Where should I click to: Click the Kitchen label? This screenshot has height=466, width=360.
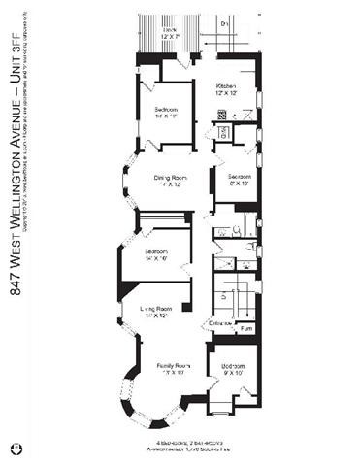[x=226, y=85]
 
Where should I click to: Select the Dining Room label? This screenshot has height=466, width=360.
[x=170, y=177]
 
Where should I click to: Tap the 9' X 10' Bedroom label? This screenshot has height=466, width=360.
[x=232, y=366]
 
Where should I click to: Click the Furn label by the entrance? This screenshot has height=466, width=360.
[x=245, y=329]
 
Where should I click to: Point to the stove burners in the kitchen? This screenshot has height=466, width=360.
[x=222, y=116]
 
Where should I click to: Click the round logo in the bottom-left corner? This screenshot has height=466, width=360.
[x=16, y=448]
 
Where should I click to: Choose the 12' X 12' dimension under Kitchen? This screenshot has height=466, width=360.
[x=226, y=93]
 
